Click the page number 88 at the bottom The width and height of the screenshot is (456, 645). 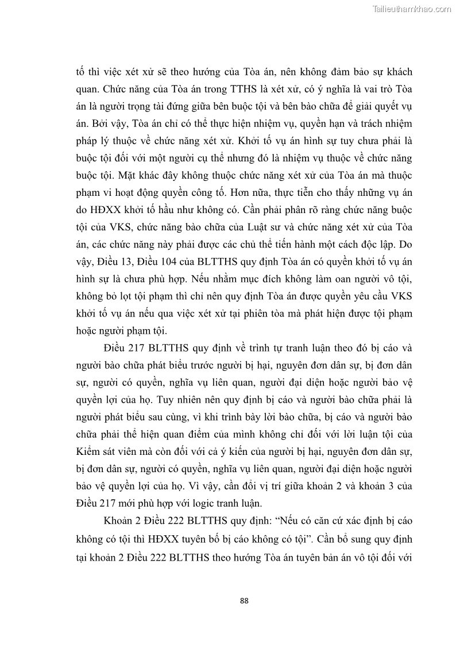tap(244, 601)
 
